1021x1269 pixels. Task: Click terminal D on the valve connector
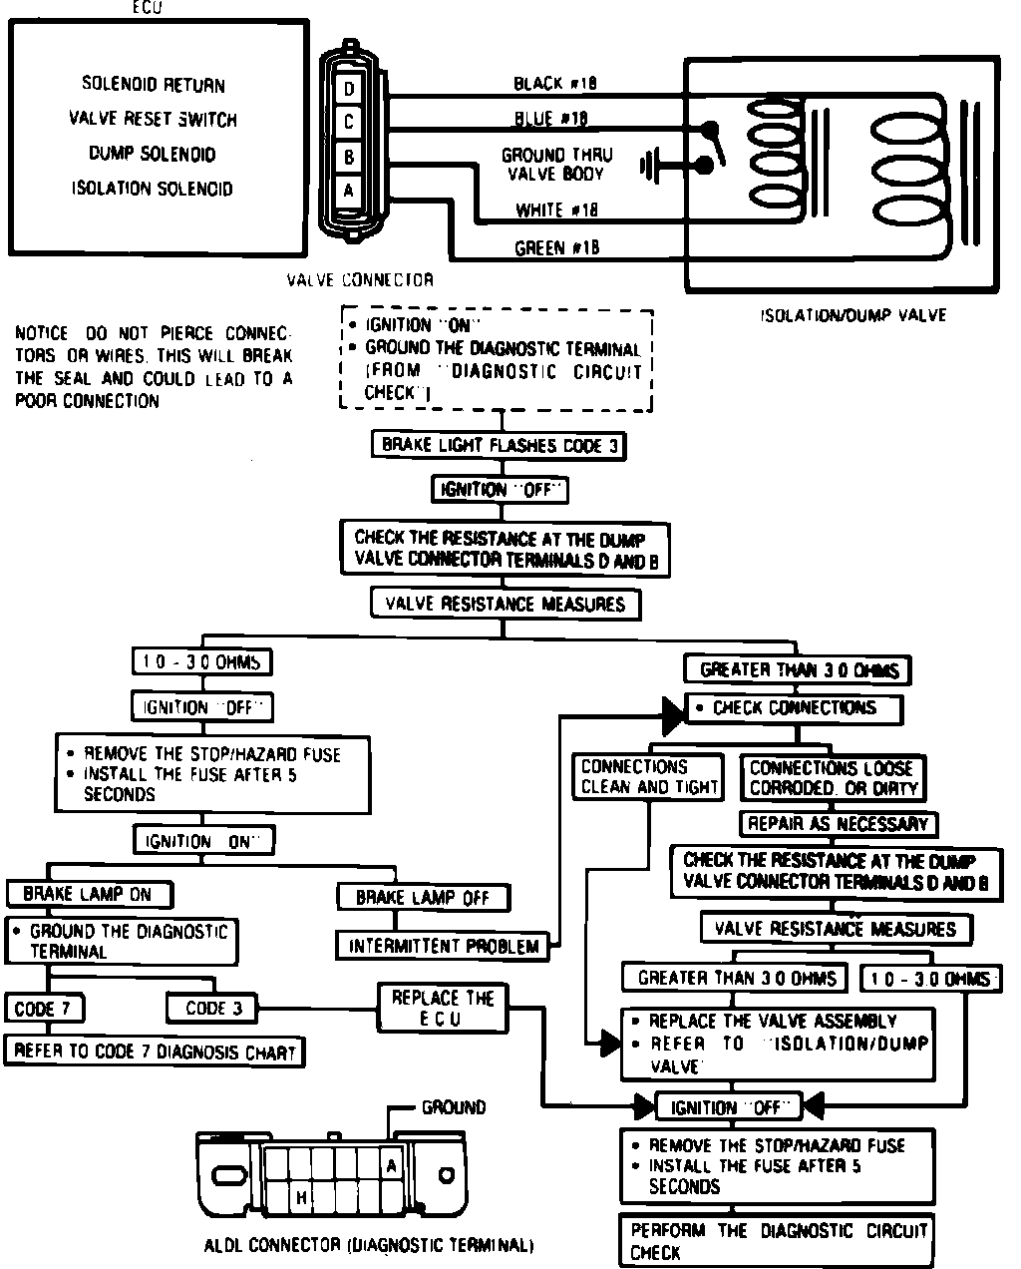tap(348, 90)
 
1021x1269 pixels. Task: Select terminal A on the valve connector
tap(348, 190)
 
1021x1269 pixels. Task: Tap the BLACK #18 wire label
tap(555, 84)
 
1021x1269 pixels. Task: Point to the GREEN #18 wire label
tap(557, 248)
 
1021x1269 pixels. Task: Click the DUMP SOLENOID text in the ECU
tap(152, 154)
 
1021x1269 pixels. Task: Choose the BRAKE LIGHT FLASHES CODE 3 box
tap(499, 446)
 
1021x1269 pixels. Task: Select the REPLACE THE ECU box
tap(442, 1008)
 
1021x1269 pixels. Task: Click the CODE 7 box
tap(43, 1009)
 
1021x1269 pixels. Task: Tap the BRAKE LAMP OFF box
tap(423, 897)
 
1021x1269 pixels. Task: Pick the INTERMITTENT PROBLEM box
tap(444, 946)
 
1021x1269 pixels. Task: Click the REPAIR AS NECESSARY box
tap(838, 824)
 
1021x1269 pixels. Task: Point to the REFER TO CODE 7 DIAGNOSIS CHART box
tap(156, 1051)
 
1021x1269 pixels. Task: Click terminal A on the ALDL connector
tap(392, 1166)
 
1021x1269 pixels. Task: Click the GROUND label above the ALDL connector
tap(454, 1107)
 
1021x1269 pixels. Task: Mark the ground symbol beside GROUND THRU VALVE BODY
tap(651, 165)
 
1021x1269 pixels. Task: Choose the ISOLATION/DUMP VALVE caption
tap(853, 315)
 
